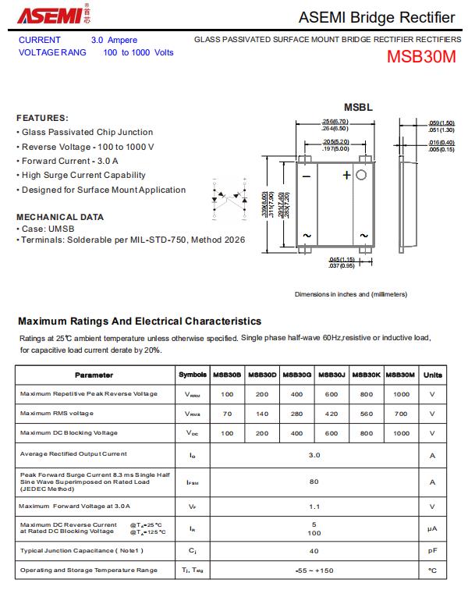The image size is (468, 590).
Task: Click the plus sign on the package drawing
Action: [x=346, y=176]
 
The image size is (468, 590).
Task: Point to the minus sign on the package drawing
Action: [x=306, y=176]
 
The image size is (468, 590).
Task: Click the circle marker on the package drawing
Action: [x=361, y=176]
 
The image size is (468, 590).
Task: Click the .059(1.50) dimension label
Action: [x=442, y=123]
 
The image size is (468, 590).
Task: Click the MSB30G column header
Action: [x=297, y=375]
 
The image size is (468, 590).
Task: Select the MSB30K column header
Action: [x=366, y=375]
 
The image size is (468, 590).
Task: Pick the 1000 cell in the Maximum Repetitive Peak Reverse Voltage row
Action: [x=402, y=394]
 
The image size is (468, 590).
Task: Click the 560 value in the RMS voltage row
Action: [x=367, y=414]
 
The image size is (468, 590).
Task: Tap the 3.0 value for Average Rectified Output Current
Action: [x=314, y=453]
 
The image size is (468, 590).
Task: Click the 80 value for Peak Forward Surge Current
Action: [x=314, y=482]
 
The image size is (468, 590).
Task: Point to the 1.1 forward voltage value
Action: [x=314, y=506]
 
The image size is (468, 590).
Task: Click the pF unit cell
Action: [x=432, y=551]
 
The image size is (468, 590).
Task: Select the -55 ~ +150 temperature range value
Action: [x=314, y=570]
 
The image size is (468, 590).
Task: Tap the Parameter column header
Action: [x=94, y=375]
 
